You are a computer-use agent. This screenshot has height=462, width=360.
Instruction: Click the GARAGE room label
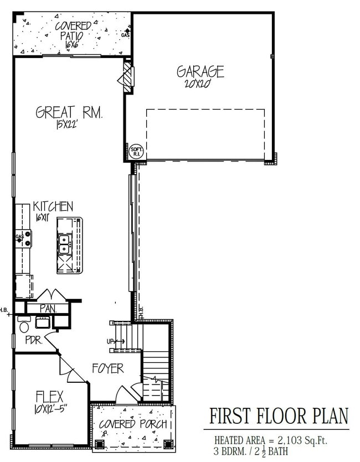pyautogui.click(x=200, y=71)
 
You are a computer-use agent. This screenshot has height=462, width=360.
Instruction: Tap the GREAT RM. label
pyautogui.click(x=69, y=113)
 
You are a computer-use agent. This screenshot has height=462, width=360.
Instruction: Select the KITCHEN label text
pyautogui.click(x=52, y=207)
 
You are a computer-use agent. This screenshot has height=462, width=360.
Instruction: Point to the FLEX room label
pyautogui.click(x=49, y=397)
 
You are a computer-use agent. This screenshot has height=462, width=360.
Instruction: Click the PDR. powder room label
pyautogui.click(x=34, y=341)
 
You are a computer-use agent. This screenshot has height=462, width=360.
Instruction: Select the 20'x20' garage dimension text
pyautogui.click(x=200, y=86)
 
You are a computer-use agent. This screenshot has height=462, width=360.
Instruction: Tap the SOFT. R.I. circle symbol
pyautogui.click(x=136, y=152)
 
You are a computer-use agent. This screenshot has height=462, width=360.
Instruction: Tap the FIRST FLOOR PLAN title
pyautogui.click(x=279, y=416)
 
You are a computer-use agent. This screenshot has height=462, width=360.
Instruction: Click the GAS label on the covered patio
pyautogui.click(x=126, y=35)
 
